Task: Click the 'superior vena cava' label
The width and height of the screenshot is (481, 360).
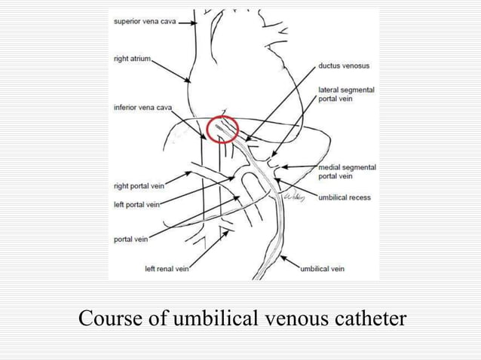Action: tap(145, 21)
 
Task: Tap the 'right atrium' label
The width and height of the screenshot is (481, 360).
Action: tap(133, 59)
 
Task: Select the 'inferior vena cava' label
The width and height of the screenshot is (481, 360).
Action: tap(143, 108)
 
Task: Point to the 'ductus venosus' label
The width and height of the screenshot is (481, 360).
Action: tap(344, 66)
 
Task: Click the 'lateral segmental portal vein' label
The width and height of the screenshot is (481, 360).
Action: tap(346, 94)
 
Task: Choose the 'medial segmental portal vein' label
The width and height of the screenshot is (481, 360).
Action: tap(347, 172)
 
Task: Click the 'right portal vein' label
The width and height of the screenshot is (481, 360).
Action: tap(139, 185)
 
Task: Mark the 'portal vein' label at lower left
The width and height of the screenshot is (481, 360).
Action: tap(130, 240)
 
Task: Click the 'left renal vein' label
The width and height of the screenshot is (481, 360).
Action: tap(167, 268)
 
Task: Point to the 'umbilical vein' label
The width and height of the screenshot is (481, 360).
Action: tap(322, 268)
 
